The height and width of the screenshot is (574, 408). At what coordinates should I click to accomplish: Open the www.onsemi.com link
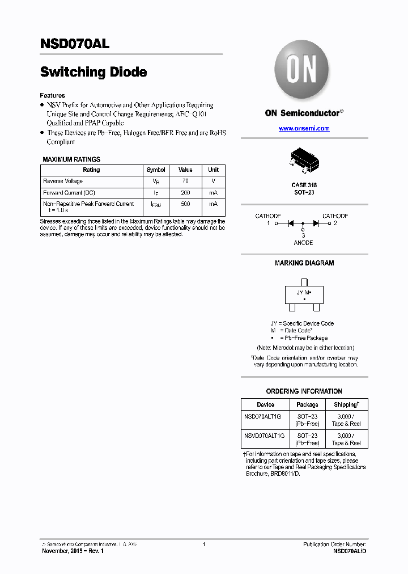tap(304, 129)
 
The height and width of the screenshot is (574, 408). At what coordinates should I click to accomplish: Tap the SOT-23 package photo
tap(303, 160)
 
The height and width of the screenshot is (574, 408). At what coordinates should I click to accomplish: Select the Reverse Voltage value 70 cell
tap(185, 182)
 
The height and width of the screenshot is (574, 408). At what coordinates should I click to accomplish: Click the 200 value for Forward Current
tap(185, 193)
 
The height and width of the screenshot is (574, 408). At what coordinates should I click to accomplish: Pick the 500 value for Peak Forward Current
tap(185, 204)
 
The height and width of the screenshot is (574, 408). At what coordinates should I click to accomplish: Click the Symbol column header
tap(156, 170)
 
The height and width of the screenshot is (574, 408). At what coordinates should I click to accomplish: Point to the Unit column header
tap(213, 170)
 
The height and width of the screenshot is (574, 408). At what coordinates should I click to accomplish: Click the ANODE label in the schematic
tap(303, 243)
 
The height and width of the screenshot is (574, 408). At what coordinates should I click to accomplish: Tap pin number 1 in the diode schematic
tap(269, 223)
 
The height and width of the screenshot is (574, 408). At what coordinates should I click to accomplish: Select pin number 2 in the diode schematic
tap(335, 223)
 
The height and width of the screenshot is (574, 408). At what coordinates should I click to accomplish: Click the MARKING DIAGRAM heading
tap(304, 263)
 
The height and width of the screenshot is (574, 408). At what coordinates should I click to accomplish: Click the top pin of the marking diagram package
tap(304, 282)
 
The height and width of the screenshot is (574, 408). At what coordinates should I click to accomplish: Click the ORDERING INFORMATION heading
tap(304, 391)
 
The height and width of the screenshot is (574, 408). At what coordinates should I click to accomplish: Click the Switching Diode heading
tap(93, 73)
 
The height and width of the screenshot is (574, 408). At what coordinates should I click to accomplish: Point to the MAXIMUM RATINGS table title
tap(71, 159)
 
